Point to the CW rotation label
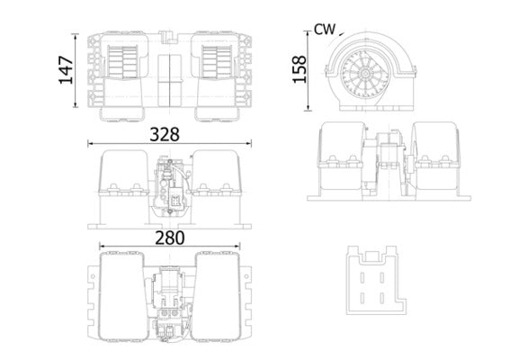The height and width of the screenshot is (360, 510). tap(325, 30)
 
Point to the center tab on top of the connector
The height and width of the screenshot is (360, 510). tap(372, 255)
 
